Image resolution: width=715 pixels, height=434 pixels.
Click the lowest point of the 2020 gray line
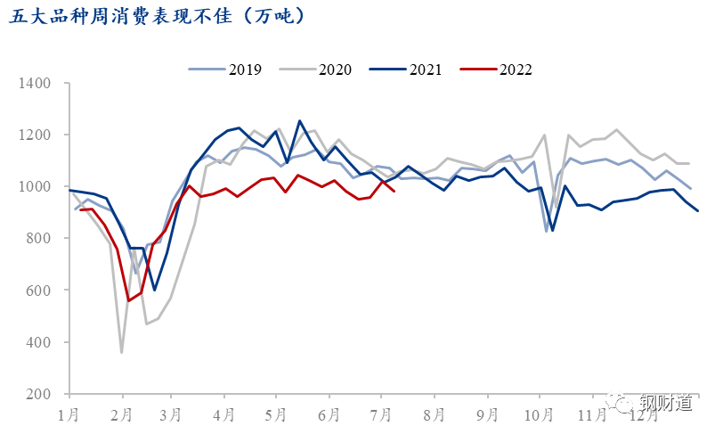[x=121, y=352]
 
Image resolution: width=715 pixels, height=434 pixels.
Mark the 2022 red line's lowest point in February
[x=129, y=300]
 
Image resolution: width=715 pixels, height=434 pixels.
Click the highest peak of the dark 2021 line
[x=300, y=121]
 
